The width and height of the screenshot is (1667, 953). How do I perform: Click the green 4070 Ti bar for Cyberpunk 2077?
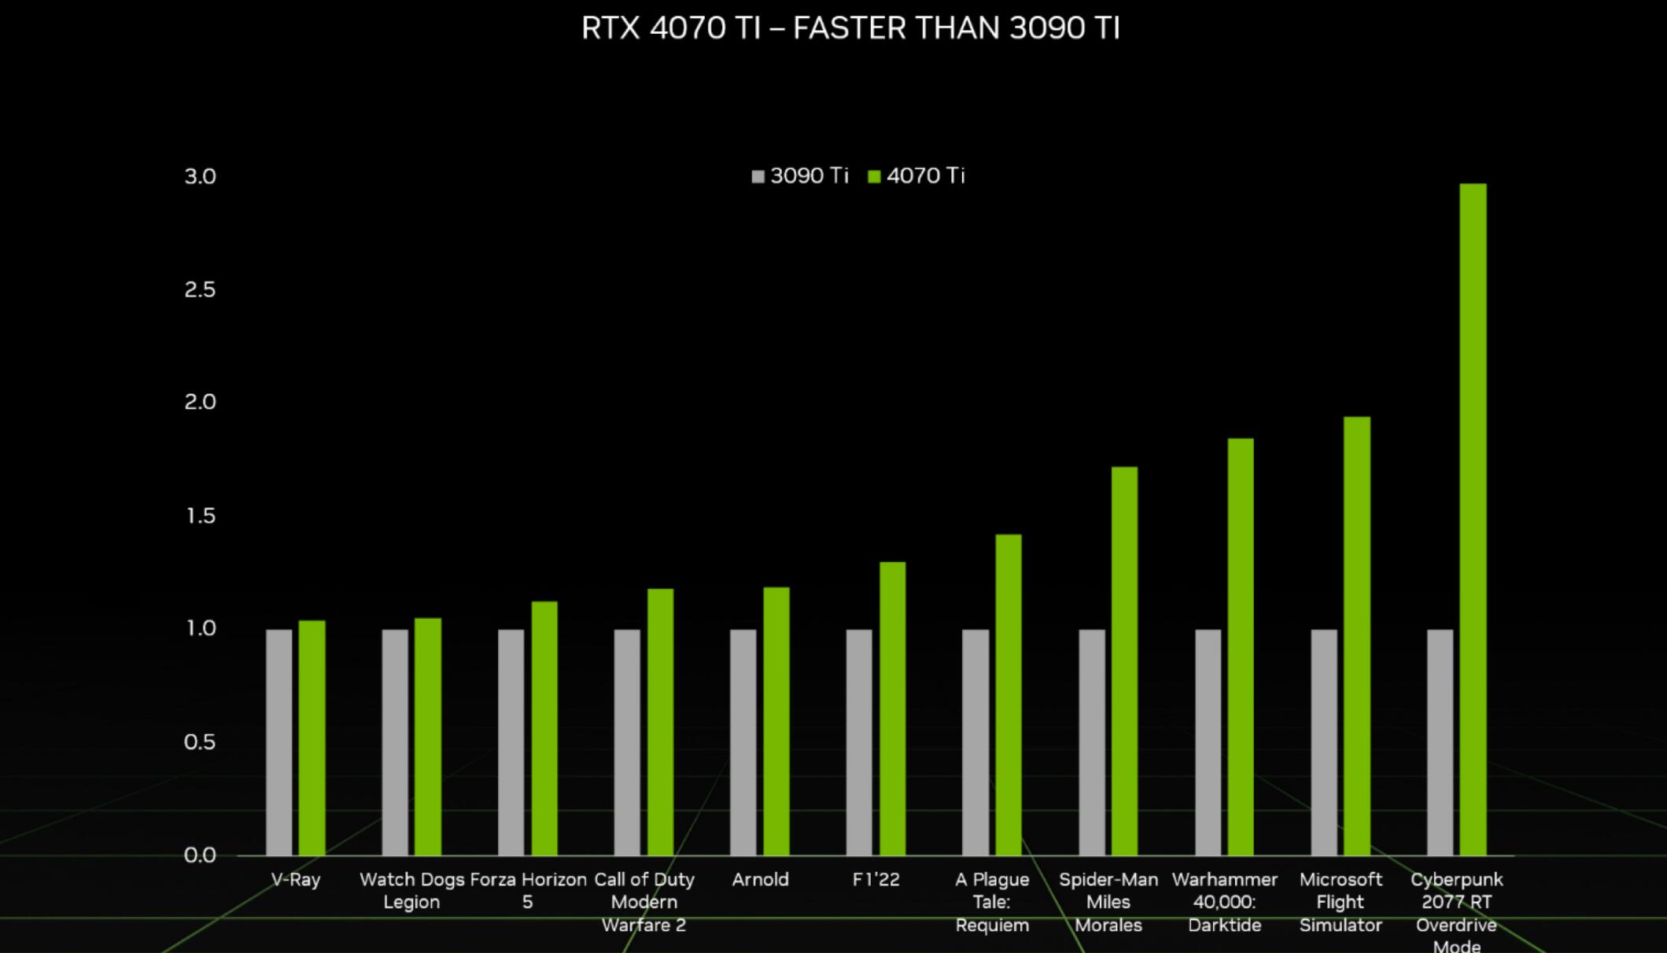1473,519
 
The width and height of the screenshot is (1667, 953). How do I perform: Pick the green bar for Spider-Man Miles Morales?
1124,660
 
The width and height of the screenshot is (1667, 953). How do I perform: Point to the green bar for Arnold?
776,721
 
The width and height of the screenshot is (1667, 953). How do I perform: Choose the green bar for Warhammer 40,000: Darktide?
1241,646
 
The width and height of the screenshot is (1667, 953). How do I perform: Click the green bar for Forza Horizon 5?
544,728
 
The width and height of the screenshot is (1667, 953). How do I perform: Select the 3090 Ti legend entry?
800,175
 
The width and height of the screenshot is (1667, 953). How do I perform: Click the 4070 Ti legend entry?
916,175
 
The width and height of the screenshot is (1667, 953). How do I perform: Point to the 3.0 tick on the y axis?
200,176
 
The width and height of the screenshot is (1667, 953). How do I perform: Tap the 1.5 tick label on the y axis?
200,516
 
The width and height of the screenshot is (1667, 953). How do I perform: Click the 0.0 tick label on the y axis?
200,855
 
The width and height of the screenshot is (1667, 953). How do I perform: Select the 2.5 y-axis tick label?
200,289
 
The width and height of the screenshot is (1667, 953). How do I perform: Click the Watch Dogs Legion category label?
411,890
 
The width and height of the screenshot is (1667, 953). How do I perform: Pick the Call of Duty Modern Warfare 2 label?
644,901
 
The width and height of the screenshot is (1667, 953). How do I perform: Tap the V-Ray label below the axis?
296,879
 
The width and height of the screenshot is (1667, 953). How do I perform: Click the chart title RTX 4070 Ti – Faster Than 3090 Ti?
850,28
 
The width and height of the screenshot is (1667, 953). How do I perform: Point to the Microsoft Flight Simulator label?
1341,901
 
